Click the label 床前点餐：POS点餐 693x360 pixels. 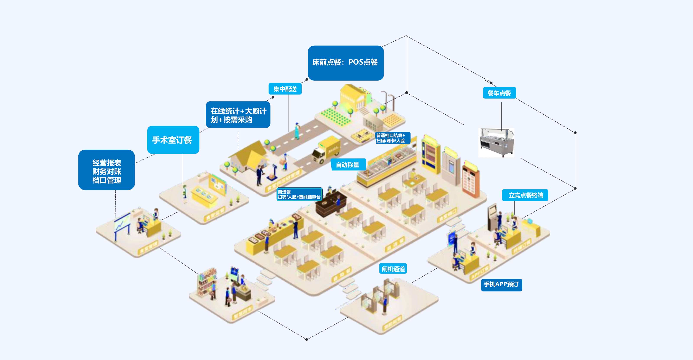(x=345, y=63)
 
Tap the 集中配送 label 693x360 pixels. (x=285, y=89)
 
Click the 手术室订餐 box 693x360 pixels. (x=173, y=140)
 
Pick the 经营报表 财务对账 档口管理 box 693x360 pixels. (x=107, y=170)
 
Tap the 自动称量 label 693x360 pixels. (x=348, y=165)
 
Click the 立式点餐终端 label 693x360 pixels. (x=525, y=195)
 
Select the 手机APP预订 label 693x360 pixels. (x=501, y=284)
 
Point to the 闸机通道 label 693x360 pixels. (x=393, y=269)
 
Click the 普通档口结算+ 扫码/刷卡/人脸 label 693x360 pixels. (x=392, y=138)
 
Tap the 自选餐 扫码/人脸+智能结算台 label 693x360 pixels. (x=299, y=194)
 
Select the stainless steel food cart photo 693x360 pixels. (x=496, y=143)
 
